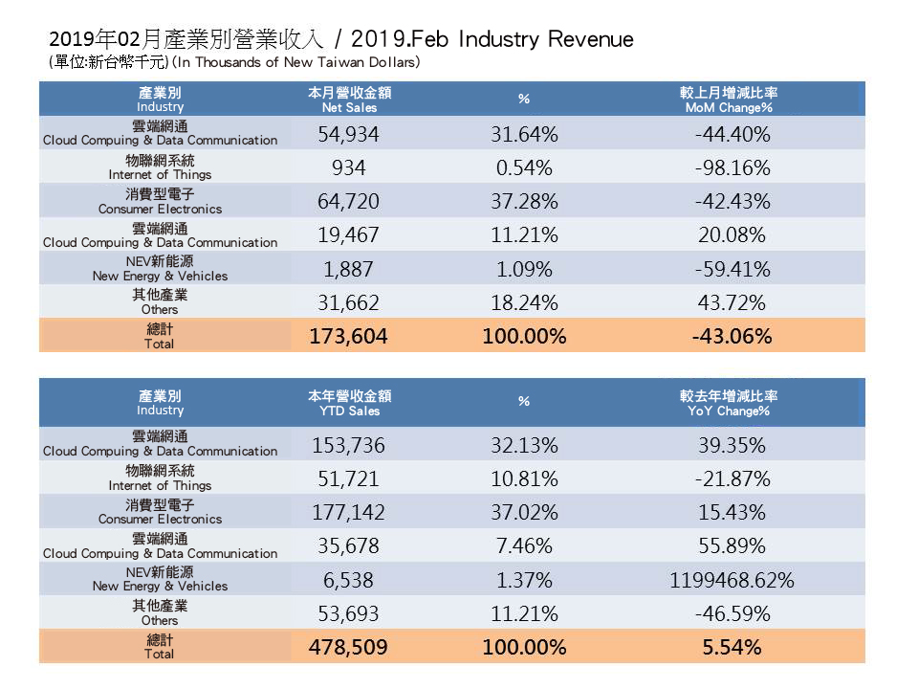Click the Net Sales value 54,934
(348, 135)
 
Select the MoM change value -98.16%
(732, 168)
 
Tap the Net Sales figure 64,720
(348, 202)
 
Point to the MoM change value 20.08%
(732, 235)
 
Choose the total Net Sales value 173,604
(348, 336)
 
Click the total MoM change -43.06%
(732, 336)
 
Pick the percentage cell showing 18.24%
(524, 302)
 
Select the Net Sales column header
(350, 100)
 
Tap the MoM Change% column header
(729, 100)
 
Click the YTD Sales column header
(350, 403)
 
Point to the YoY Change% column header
(729, 403)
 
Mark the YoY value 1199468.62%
(732, 580)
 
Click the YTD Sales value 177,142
(348, 513)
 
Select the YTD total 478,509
(348, 647)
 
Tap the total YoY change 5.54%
(732, 647)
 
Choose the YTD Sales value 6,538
(348, 580)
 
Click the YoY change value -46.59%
(732, 613)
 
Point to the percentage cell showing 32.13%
(524, 446)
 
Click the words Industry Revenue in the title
(545, 39)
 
